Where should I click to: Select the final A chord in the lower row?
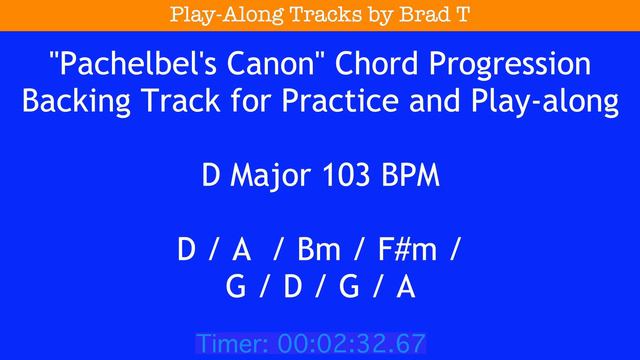pyautogui.click(x=405, y=287)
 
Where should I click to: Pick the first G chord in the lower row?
pyautogui.click(x=236, y=287)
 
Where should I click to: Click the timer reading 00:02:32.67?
pyautogui.click(x=351, y=344)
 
